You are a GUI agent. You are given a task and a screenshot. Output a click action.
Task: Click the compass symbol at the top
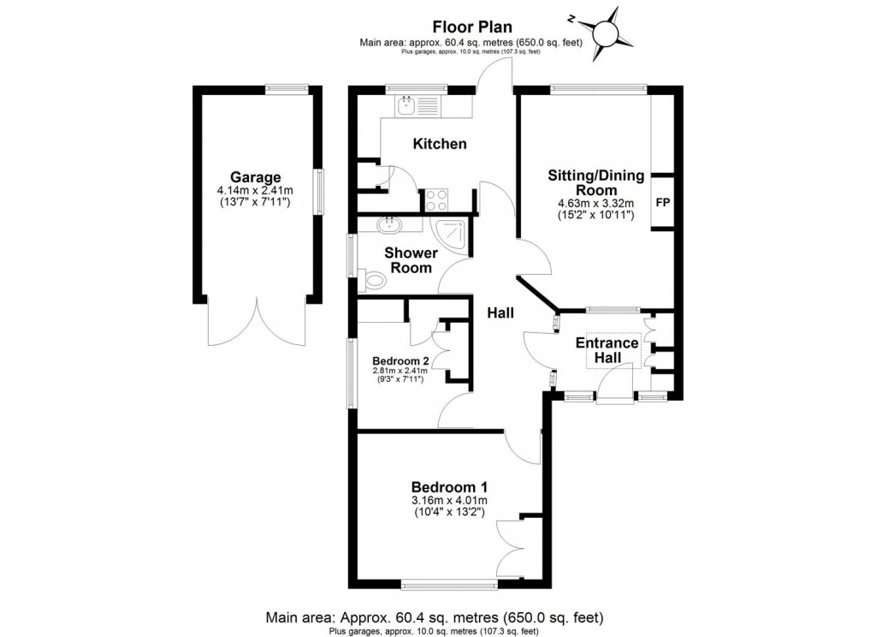click(x=613, y=33)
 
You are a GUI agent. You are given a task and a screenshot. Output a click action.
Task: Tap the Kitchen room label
click(x=440, y=144)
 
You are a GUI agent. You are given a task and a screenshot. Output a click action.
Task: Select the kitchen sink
click(x=405, y=106)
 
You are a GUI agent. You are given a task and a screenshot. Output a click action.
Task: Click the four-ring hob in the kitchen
click(x=436, y=199)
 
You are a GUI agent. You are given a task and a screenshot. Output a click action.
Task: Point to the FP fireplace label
click(x=662, y=203)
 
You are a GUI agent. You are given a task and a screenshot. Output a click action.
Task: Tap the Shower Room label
click(x=411, y=259)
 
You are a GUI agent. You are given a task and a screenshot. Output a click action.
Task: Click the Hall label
click(x=500, y=313)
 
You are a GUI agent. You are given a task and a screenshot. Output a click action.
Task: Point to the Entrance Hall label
click(x=607, y=350)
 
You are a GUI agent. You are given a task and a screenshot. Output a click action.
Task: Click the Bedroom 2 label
click(x=400, y=360)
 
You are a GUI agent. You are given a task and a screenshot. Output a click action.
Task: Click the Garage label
click(x=255, y=177)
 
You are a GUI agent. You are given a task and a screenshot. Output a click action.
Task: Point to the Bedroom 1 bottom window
click(x=449, y=585)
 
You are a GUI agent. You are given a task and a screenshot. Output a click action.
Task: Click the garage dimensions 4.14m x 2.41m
click(x=255, y=191)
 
